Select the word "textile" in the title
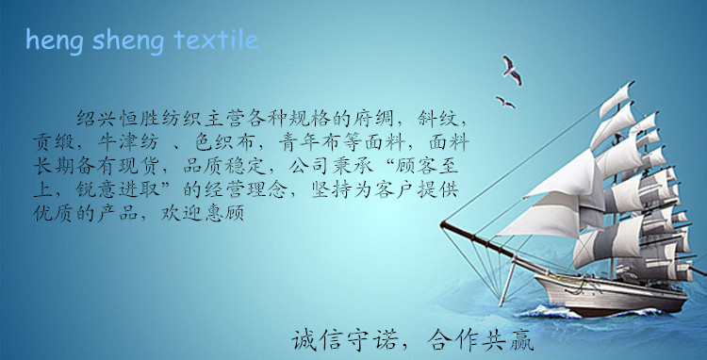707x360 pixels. pyautogui.click(x=216, y=41)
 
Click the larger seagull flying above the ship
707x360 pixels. pyautogui.click(x=512, y=67)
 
